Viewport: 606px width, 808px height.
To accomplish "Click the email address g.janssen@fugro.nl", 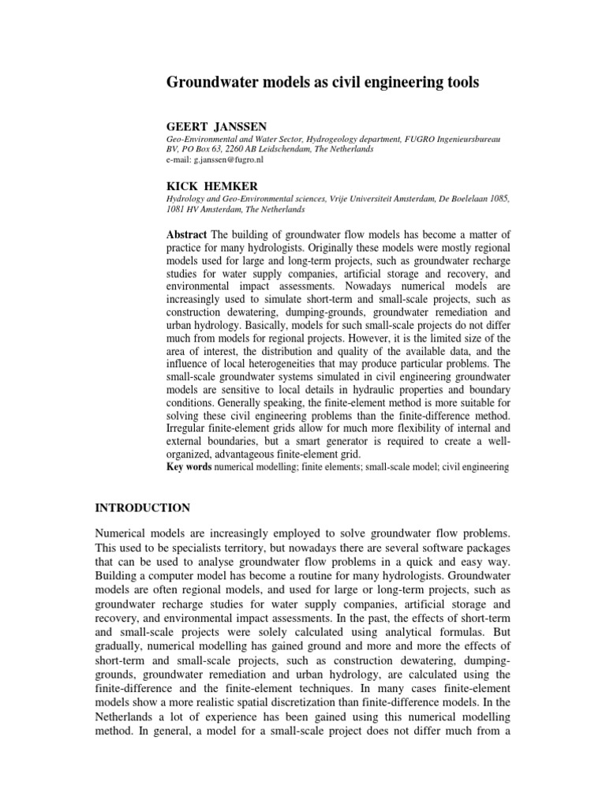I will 225,159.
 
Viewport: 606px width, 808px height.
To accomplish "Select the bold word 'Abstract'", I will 187,234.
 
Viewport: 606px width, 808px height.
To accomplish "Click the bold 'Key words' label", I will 189,467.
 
